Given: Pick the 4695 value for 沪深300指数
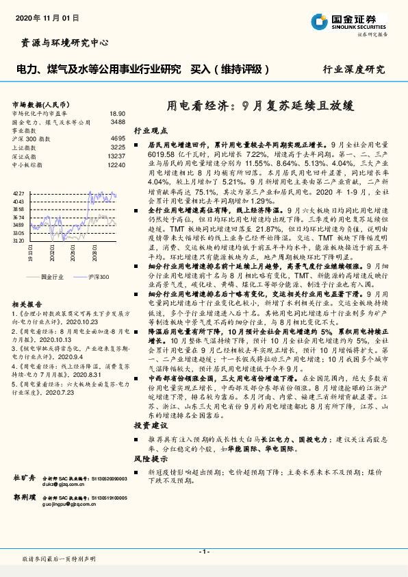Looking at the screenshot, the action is tap(118, 138).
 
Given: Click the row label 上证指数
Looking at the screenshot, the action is tap(25, 147).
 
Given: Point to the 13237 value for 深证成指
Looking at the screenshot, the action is tap(116, 156).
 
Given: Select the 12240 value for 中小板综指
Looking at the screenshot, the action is tap(116, 165).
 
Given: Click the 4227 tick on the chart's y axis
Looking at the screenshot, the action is tap(18, 195).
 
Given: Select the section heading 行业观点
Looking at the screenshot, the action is tap(149, 130).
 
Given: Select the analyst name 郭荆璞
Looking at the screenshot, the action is tap(25, 498).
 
